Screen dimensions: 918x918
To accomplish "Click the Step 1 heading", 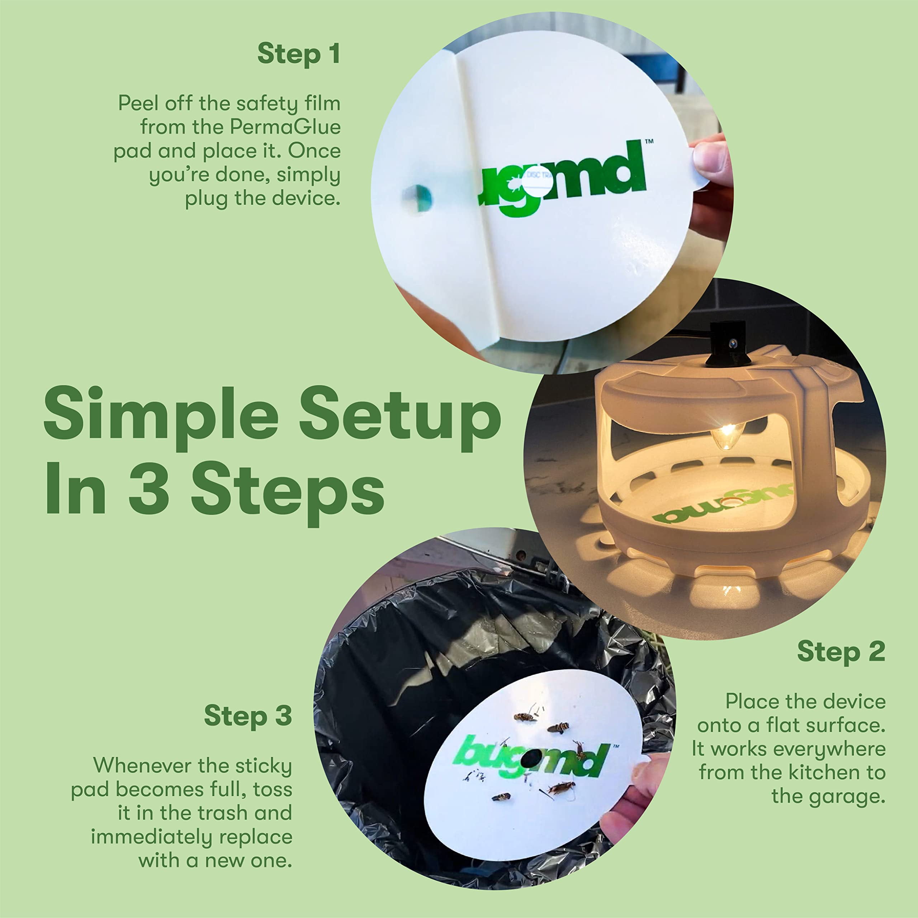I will [x=298, y=54].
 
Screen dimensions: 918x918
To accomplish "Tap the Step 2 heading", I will [x=841, y=652].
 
